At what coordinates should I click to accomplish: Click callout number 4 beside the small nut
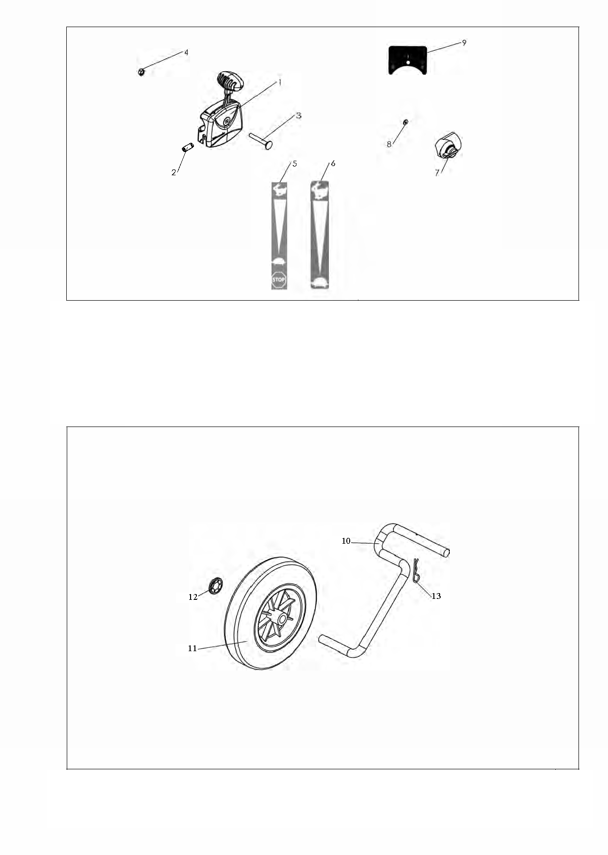[186, 52]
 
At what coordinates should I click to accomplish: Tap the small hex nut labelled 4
[141, 72]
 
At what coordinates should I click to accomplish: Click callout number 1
[279, 82]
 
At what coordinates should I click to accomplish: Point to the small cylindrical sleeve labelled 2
[188, 147]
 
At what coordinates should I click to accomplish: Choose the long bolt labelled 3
[262, 140]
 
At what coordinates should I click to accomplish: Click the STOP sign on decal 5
[279, 280]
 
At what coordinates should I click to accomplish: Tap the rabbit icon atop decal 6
[319, 189]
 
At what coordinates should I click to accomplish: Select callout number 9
[464, 43]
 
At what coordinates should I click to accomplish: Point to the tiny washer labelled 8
[405, 122]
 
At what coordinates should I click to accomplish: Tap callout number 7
[437, 173]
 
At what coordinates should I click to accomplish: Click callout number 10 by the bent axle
[346, 541]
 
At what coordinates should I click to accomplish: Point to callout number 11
[193, 648]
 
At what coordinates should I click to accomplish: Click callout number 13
[436, 596]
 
